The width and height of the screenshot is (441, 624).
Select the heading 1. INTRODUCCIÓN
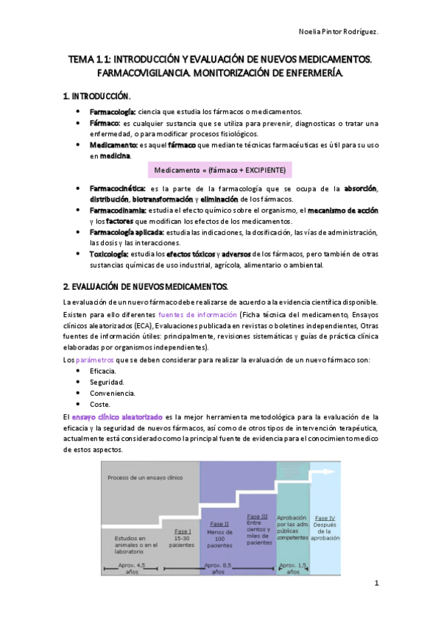96,96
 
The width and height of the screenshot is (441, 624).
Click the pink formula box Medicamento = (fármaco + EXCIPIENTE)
220,170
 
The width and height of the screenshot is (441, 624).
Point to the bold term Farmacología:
113,111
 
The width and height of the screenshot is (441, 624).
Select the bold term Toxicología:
110,253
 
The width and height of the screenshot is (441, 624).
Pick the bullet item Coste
102,404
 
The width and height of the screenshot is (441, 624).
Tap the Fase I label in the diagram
183,531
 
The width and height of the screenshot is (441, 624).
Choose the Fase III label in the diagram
258,517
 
